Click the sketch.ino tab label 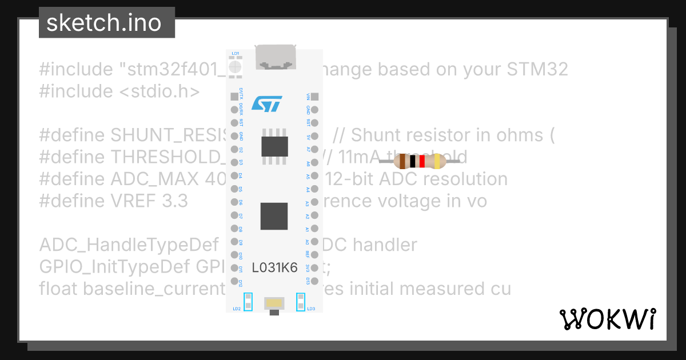tap(103, 23)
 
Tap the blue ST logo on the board tap(266, 104)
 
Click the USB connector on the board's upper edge tap(275, 57)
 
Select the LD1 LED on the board tap(235, 67)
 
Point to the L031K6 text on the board tap(275, 267)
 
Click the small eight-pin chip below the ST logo tap(274, 146)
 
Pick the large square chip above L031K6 tap(274, 216)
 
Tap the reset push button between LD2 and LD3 tap(275, 303)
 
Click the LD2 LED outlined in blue tap(248, 302)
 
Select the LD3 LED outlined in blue tap(300, 302)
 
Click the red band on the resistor tap(422, 162)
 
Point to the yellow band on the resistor tap(437, 162)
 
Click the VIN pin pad tap(314, 97)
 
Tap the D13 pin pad tap(314, 281)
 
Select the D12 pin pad tap(234, 281)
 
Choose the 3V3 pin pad tap(314, 268)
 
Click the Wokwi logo tap(607, 319)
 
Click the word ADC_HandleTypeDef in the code tap(129, 245)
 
